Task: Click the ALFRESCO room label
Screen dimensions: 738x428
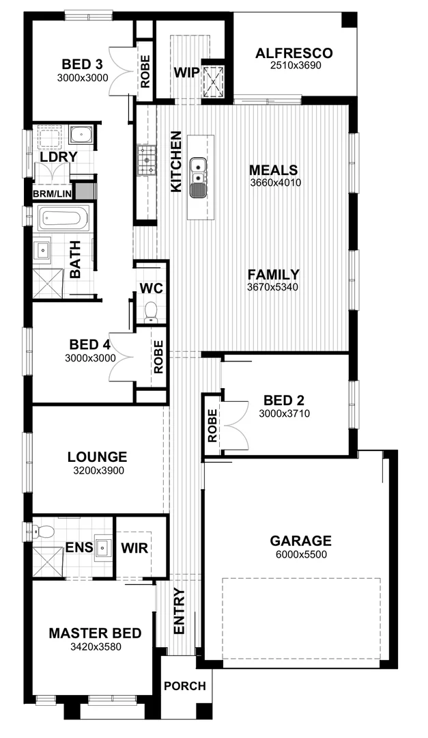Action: [294, 53]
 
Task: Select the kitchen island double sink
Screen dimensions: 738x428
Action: [198, 172]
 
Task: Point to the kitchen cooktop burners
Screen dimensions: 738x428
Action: [146, 161]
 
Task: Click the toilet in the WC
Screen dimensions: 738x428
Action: [151, 312]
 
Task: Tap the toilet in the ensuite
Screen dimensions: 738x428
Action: [45, 532]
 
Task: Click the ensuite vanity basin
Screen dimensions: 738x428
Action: [103, 547]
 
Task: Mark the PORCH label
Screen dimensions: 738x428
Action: [185, 686]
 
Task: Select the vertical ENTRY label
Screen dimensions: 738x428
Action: [180, 611]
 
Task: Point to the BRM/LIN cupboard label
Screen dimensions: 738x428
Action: [51, 194]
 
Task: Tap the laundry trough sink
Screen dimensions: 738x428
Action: [82, 134]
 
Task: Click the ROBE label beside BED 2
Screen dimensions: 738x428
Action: [212, 425]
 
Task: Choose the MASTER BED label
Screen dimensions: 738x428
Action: [95, 633]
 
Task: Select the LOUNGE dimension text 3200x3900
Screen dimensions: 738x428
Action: [97, 470]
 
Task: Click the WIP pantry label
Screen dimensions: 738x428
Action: [186, 73]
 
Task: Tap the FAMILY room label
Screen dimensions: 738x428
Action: [273, 275]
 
